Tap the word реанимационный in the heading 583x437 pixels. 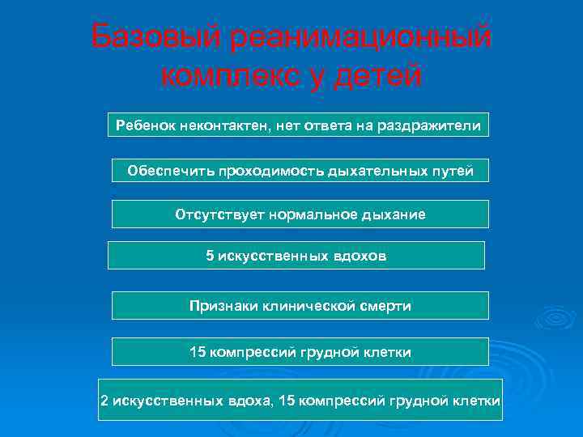362,36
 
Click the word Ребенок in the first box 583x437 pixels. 147,125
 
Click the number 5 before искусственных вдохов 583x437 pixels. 211,256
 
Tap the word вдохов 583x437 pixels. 360,256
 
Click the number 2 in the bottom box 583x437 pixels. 104,401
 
